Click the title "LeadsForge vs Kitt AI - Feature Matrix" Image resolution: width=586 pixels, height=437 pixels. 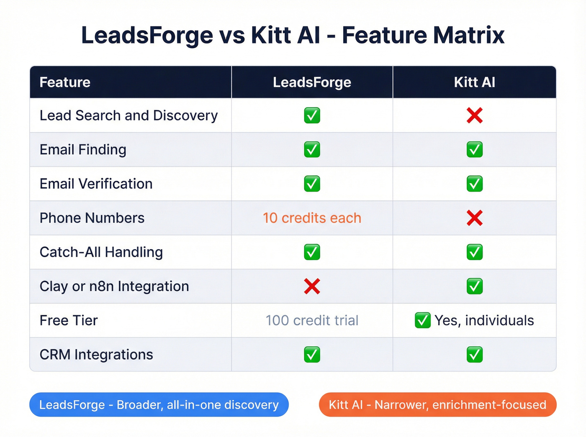click(293, 35)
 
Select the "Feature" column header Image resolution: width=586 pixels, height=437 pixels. click(65, 82)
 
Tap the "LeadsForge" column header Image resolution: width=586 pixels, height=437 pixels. click(312, 82)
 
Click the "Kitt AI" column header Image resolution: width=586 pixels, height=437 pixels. click(474, 82)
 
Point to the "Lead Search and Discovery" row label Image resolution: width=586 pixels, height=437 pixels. click(129, 115)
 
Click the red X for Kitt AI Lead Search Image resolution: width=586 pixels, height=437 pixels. click(474, 115)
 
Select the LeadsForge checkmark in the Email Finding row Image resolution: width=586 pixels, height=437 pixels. click(312, 150)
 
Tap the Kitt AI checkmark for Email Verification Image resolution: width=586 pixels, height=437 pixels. click(474, 184)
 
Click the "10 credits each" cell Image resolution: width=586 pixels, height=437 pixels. click(312, 218)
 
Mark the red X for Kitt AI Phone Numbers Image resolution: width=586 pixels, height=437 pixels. click(474, 218)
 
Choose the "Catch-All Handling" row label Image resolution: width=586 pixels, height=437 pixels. click(101, 252)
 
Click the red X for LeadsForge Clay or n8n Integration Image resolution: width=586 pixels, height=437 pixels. click(312, 286)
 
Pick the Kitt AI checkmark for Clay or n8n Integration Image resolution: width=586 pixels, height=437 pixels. click(474, 286)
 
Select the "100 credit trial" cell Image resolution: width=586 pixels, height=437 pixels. click(312, 320)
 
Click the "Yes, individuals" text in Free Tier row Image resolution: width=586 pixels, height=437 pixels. click(484, 320)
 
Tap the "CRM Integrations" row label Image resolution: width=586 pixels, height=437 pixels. click(96, 355)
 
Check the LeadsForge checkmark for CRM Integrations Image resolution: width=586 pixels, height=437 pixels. click(312, 355)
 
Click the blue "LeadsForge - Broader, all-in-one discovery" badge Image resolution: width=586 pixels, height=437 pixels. click(159, 405)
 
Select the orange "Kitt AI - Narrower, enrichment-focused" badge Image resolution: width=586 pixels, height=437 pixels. click(437, 405)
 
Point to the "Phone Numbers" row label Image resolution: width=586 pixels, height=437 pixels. click(92, 218)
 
